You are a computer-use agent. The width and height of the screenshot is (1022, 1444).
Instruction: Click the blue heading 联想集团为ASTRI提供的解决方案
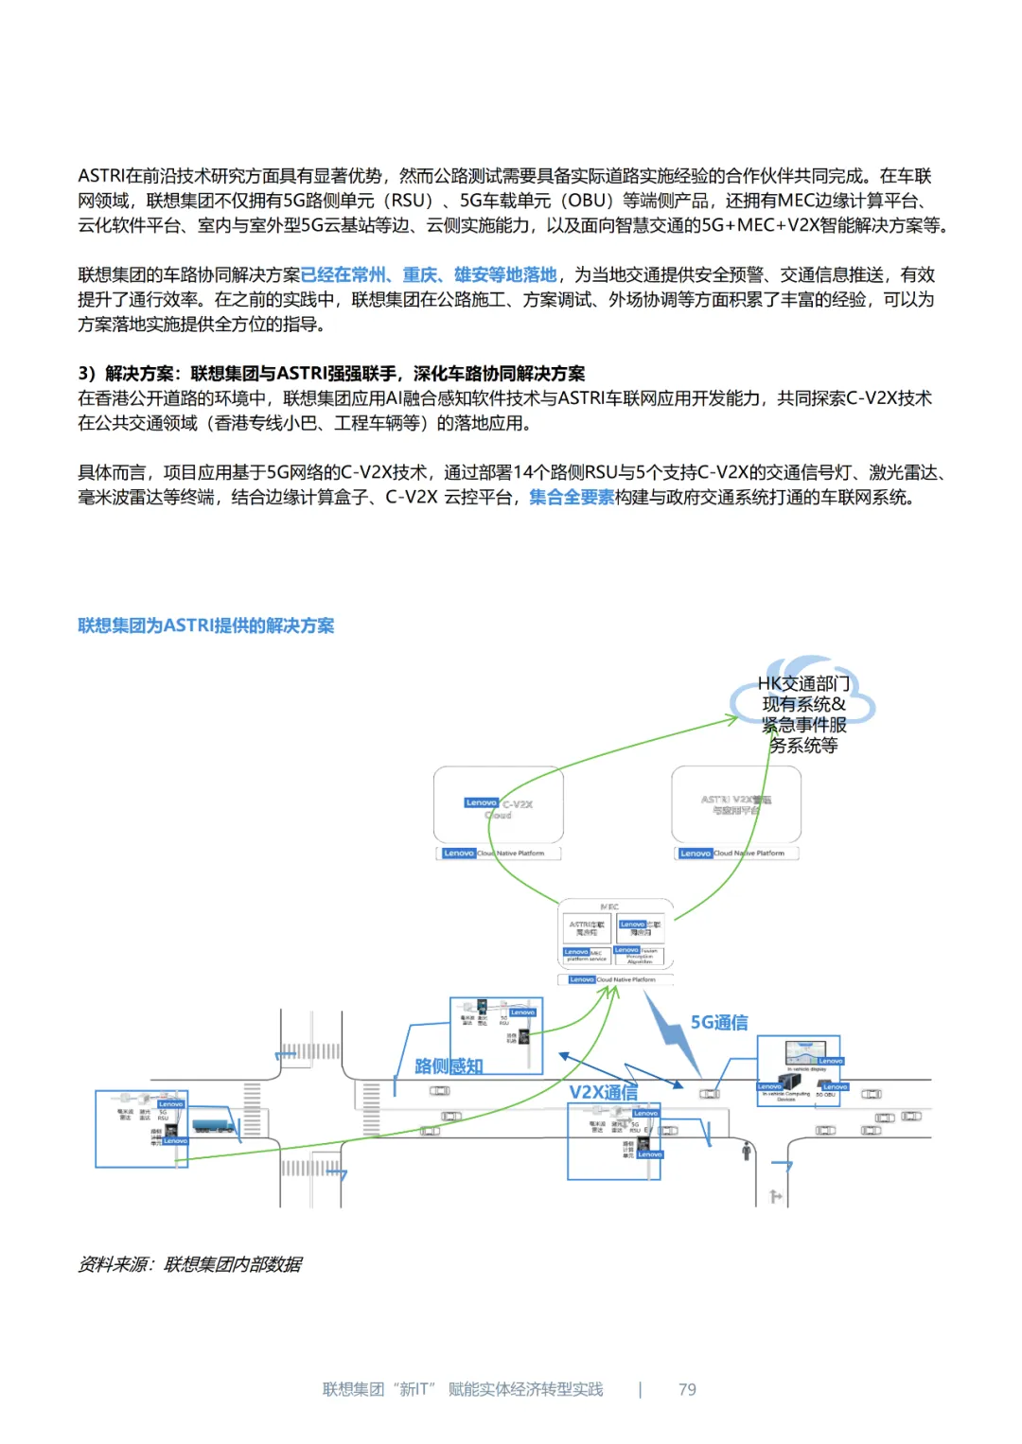[x=205, y=625]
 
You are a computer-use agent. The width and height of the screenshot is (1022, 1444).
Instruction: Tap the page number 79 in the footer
[x=687, y=1389]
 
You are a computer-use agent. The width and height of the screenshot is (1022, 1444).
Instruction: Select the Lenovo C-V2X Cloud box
[x=499, y=805]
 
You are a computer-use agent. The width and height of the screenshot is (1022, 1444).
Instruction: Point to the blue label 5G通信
[x=719, y=1022]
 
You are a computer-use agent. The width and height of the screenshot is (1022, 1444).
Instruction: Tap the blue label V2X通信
[x=603, y=1092]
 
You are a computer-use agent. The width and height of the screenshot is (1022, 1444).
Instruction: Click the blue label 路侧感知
[x=449, y=1066]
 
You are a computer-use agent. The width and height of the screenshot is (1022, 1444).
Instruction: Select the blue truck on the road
[x=213, y=1125]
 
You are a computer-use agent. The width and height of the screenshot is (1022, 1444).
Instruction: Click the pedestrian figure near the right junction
[x=747, y=1151]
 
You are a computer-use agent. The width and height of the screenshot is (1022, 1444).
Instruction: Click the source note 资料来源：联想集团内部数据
[x=190, y=1264]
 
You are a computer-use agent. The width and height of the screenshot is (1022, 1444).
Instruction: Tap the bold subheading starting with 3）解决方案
[x=331, y=374]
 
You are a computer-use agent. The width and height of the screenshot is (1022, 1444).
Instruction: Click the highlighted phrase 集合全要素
[x=572, y=498]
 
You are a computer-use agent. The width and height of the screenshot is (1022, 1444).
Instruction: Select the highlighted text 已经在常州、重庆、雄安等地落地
[x=429, y=275]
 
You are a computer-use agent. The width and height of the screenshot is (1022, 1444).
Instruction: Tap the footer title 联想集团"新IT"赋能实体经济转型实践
[x=463, y=1389]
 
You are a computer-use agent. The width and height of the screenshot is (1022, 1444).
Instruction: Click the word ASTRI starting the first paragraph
[x=101, y=176]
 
